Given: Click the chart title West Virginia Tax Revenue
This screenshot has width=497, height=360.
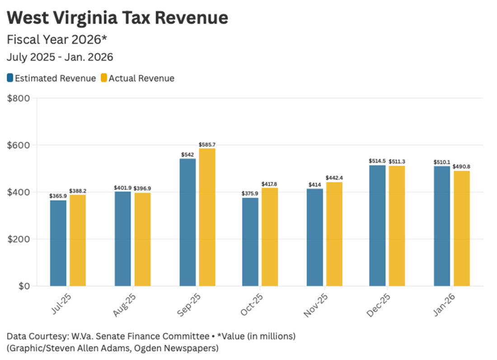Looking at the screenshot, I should click(x=117, y=18).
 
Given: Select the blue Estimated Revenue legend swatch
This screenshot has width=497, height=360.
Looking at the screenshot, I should click(x=10, y=78).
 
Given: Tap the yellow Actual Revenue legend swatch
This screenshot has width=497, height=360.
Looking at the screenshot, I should click(x=103, y=78).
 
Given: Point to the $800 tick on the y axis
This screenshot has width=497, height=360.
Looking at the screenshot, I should click(x=19, y=98).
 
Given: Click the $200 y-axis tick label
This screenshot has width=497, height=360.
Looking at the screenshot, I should click(x=19, y=239).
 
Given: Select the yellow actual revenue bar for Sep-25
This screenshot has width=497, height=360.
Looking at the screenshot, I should click(x=207, y=217).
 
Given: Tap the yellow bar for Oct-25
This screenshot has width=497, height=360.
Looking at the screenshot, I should click(x=270, y=237).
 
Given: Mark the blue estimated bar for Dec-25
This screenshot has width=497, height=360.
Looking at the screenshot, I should click(x=377, y=225).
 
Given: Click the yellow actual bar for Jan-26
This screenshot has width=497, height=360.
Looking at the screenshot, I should click(x=462, y=228).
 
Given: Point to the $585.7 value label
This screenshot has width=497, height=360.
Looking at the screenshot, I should click(x=207, y=145).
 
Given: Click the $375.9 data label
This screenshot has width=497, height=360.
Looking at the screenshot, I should click(x=250, y=194).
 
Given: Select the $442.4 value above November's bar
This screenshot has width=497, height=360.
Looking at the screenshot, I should click(x=334, y=178).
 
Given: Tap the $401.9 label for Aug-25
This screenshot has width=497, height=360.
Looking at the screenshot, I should click(x=123, y=188).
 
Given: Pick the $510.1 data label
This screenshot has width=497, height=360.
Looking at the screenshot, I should click(x=442, y=162).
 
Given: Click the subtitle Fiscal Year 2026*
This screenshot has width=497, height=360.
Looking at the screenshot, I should click(x=57, y=40).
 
